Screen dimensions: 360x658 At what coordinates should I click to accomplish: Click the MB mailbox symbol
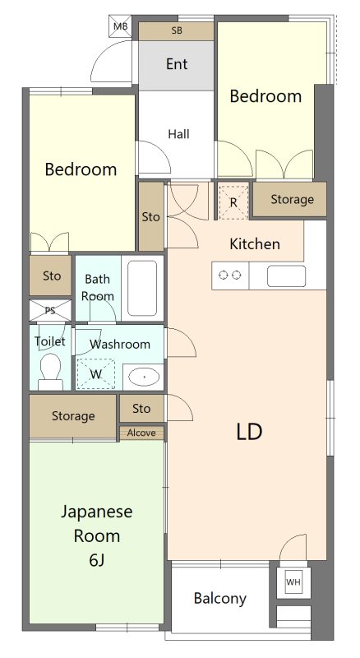tap(121, 26)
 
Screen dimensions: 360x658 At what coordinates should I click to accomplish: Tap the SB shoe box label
tap(177, 30)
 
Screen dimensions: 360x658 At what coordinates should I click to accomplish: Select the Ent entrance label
tap(177, 64)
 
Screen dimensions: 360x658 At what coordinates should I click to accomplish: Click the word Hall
tap(178, 134)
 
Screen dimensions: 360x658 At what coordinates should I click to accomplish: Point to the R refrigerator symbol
tap(233, 202)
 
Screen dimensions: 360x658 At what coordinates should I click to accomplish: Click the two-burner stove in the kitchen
tap(230, 276)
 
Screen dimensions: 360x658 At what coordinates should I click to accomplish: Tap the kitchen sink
tap(286, 276)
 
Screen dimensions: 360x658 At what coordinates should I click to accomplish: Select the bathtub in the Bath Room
tap(142, 288)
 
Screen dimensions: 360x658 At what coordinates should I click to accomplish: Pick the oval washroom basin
tap(144, 377)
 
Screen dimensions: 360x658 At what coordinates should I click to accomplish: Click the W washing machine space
tap(96, 374)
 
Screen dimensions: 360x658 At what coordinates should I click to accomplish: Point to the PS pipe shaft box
tap(50, 311)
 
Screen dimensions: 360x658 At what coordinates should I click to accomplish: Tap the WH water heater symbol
tap(293, 582)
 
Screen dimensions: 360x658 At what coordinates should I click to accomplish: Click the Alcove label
tap(141, 433)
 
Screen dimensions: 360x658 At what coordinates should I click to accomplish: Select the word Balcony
tap(219, 599)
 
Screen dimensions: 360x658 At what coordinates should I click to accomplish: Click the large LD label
tap(249, 432)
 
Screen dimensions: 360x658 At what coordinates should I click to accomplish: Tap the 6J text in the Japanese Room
tap(97, 560)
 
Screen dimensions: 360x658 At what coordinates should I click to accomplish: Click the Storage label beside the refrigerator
tap(292, 199)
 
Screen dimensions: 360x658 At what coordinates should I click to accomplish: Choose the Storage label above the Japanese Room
tap(73, 416)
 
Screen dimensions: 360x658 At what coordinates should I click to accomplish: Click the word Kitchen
tap(255, 243)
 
